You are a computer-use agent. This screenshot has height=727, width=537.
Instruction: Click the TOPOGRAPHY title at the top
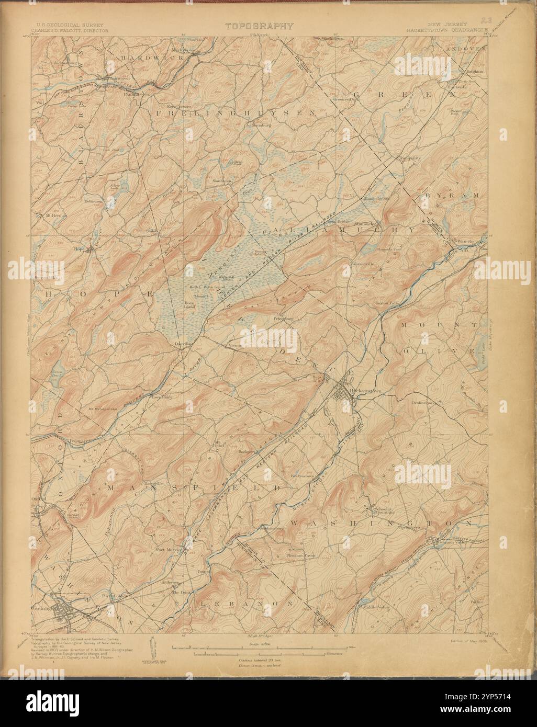(260, 26)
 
